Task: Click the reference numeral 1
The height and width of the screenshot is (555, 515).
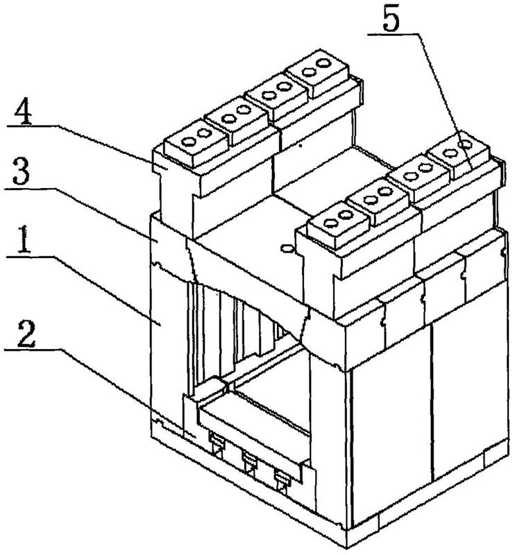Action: [x=24, y=240]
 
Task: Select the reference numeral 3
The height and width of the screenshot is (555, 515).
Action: [x=22, y=171]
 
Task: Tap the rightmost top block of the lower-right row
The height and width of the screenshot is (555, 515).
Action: [x=458, y=153]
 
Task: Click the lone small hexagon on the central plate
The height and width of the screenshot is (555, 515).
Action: [x=287, y=248]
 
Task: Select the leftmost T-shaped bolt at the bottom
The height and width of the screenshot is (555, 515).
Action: [x=215, y=445]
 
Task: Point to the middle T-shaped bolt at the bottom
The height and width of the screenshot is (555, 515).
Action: [x=249, y=463]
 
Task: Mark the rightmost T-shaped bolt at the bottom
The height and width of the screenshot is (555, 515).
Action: [x=282, y=481]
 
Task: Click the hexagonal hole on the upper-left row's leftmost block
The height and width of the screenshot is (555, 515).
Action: [x=187, y=142]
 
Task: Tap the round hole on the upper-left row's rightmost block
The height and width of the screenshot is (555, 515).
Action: [x=323, y=64]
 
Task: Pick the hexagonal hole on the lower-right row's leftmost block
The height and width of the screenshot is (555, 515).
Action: [x=330, y=223]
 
